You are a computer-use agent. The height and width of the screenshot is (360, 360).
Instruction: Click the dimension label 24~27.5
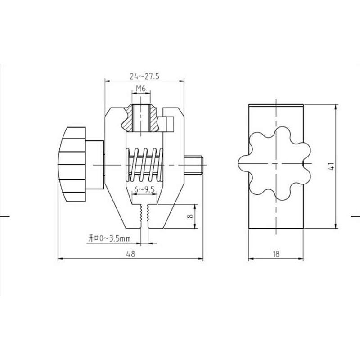pos(144,76)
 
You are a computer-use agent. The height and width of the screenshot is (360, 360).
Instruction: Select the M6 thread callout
pos(141,88)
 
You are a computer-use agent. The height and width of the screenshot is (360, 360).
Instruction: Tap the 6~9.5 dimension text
pos(144,189)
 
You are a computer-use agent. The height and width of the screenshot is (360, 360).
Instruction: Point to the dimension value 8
pos(190,216)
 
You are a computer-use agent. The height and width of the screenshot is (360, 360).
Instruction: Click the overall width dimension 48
pos(130,254)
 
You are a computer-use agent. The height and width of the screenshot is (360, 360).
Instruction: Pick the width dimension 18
pos(276,254)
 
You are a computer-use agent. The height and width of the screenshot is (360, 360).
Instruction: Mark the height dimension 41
pos(331,166)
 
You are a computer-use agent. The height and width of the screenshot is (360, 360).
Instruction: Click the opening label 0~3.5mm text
pos(109,238)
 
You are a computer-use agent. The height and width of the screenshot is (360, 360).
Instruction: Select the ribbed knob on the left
pos(72,164)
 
